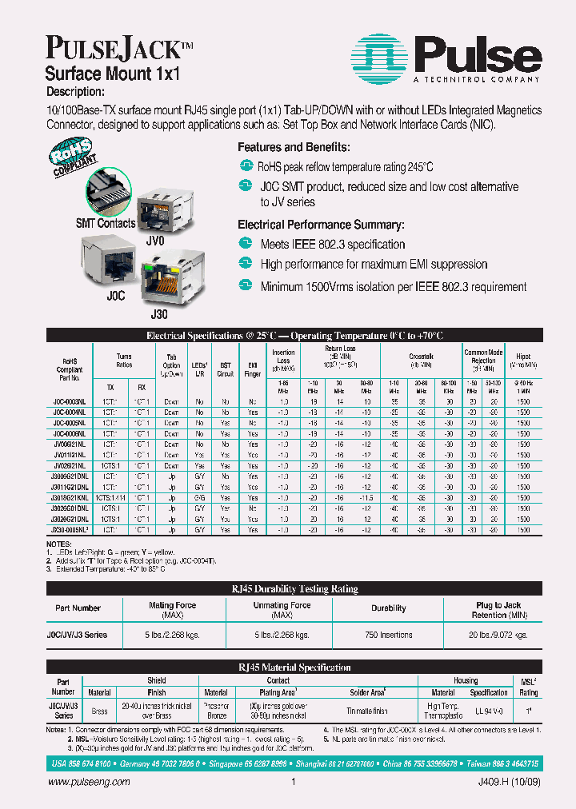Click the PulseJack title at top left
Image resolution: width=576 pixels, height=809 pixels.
[x=114, y=50]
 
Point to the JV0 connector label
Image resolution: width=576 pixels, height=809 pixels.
[x=155, y=239]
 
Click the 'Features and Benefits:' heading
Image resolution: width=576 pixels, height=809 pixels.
[x=294, y=147]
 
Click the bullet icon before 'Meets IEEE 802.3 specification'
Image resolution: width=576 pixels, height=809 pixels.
[x=246, y=244]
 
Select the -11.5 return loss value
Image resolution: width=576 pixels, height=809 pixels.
[x=366, y=497]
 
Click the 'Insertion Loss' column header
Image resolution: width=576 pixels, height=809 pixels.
[x=283, y=360]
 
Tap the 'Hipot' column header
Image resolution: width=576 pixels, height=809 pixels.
[x=523, y=357]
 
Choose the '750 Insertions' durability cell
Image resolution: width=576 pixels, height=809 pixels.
[x=388, y=635]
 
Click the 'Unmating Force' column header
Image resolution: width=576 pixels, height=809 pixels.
[x=281, y=609]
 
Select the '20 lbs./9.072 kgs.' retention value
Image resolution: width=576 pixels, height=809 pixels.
[x=499, y=635]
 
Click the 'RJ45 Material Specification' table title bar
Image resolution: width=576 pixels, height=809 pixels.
[x=294, y=667]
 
